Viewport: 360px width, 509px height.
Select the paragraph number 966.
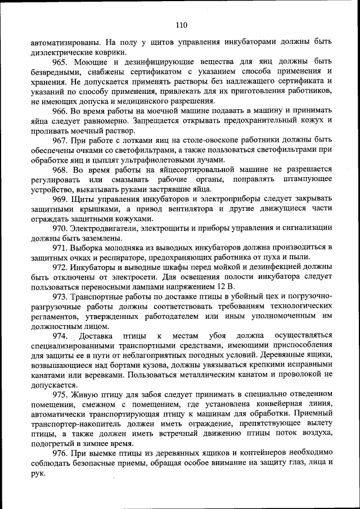[61, 111]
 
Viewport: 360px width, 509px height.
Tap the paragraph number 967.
[61, 139]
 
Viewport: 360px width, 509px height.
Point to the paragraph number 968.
[61, 169]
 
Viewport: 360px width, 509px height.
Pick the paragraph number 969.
[61, 199]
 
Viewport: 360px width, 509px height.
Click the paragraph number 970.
[61, 228]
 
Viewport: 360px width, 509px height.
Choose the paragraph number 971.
[61, 247]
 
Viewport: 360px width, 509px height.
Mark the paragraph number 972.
[61, 267]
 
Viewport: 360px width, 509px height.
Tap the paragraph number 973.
[61, 296]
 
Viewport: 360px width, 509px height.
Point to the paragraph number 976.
[61, 453]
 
